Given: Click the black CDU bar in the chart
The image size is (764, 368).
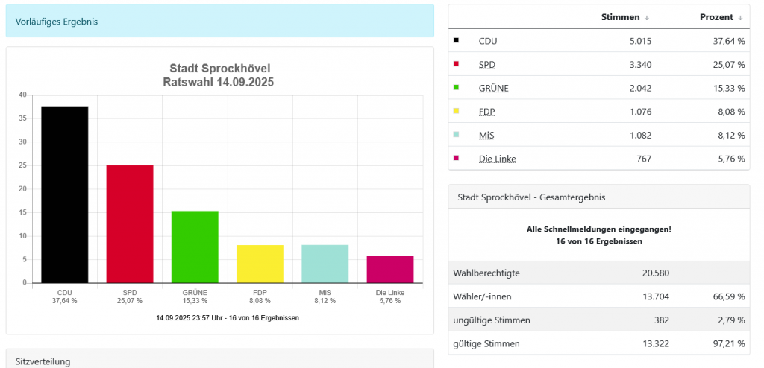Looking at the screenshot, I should [64, 194].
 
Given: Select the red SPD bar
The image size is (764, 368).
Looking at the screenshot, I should [129, 223].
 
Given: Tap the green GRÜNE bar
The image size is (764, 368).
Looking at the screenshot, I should [195, 247].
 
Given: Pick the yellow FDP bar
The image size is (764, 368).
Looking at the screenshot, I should [260, 264].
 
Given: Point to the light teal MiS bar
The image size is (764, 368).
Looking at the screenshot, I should [325, 264].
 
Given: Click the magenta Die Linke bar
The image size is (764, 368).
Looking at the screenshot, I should [389, 269].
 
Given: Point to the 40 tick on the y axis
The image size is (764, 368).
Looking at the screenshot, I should [22, 95].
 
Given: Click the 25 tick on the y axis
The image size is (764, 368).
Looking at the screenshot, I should [22, 165].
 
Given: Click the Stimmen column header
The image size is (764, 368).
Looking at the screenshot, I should [620, 17].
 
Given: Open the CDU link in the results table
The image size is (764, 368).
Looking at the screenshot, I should [488, 41].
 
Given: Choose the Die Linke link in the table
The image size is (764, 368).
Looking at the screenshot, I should [497, 159].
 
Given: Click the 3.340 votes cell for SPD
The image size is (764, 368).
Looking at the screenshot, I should [639, 65].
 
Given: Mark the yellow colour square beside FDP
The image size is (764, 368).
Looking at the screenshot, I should [457, 111].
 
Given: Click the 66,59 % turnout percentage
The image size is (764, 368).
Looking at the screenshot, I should [729, 296].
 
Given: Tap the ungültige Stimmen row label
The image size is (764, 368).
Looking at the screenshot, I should [492, 320].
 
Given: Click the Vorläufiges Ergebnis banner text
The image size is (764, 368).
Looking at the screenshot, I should [57, 22].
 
